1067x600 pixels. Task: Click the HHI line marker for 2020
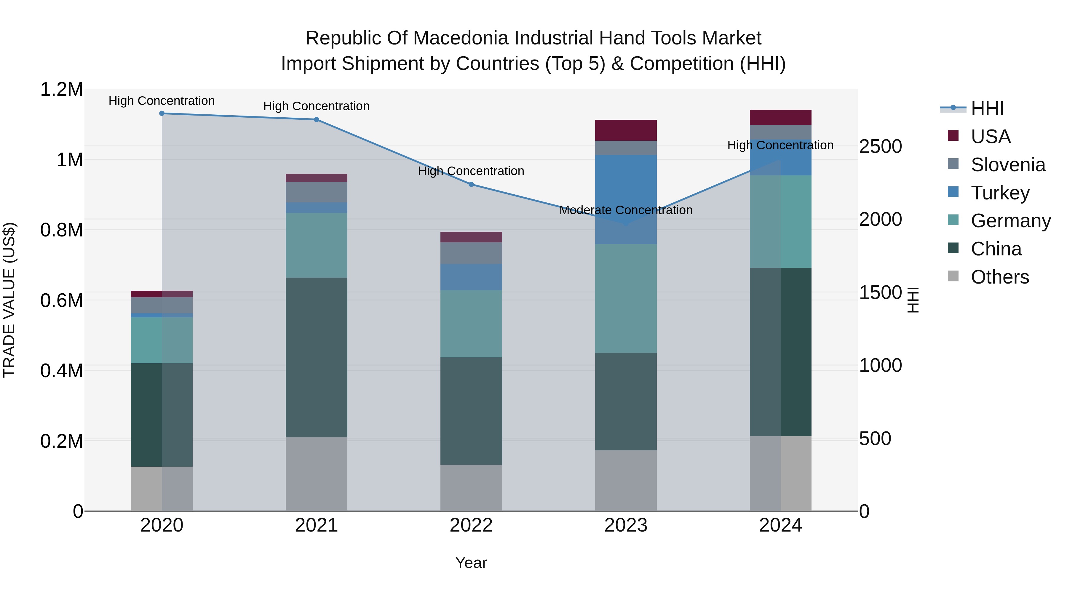pyautogui.click(x=162, y=113)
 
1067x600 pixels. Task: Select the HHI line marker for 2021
pyautogui.click(x=317, y=120)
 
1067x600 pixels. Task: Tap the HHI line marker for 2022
pyautogui.click(x=471, y=185)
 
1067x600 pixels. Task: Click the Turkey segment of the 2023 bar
pyautogui.click(x=626, y=199)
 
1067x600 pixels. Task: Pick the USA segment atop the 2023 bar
pyautogui.click(x=626, y=130)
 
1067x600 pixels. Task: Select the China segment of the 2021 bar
pyautogui.click(x=317, y=357)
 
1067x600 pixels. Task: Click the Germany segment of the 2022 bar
pyautogui.click(x=471, y=324)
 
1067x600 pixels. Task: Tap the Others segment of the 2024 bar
pyautogui.click(x=780, y=473)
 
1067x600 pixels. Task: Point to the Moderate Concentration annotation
pyautogui.click(x=626, y=210)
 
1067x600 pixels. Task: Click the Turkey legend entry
pyautogui.click(x=1000, y=193)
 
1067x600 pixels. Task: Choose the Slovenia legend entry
pyautogui.click(x=1008, y=165)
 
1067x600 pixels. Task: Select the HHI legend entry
pyautogui.click(x=987, y=108)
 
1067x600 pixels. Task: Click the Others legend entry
pyautogui.click(x=999, y=277)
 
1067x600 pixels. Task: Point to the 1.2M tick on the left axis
pyautogui.click(x=61, y=89)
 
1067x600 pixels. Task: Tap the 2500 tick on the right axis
pyautogui.click(x=880, y=147)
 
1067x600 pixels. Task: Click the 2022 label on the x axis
pyautogui.click(x=471, y=525)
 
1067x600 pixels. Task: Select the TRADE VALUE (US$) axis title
pyautogui.click(x=9, y=300)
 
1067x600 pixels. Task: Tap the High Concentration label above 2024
pyautogui.click(x=780, y=145)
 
